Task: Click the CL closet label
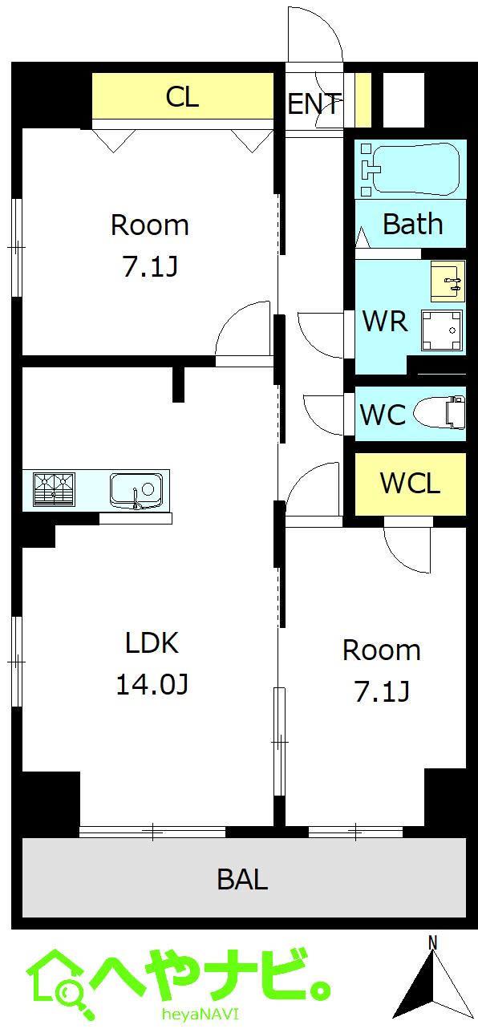(182, 97)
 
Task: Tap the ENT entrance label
(314, 103)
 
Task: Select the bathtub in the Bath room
(410, 168)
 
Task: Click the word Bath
(412, 225)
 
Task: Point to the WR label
(385, 321)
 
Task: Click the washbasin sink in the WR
(448, 281)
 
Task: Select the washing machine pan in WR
(442, 330)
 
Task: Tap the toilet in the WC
(440, 414)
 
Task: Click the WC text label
(382, 415)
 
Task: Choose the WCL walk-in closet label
(410, 484)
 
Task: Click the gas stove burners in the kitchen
(53, 489)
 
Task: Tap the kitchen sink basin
(136, 489)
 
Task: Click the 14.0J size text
(152, 684)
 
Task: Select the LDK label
(152, 642)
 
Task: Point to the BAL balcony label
(242, 880)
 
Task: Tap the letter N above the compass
(432, 942)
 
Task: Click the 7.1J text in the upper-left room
(149, 267)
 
